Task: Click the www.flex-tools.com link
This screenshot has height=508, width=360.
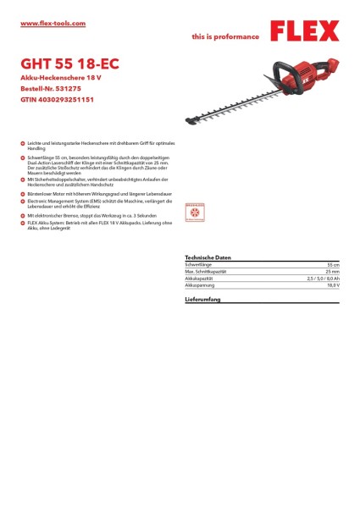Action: tap(53, 24)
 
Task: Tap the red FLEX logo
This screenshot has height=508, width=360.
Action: tap(304, 32)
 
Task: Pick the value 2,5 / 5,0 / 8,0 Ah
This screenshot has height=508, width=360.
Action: tap(323, 279)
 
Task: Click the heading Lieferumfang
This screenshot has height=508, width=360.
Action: tap(202, 301)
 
